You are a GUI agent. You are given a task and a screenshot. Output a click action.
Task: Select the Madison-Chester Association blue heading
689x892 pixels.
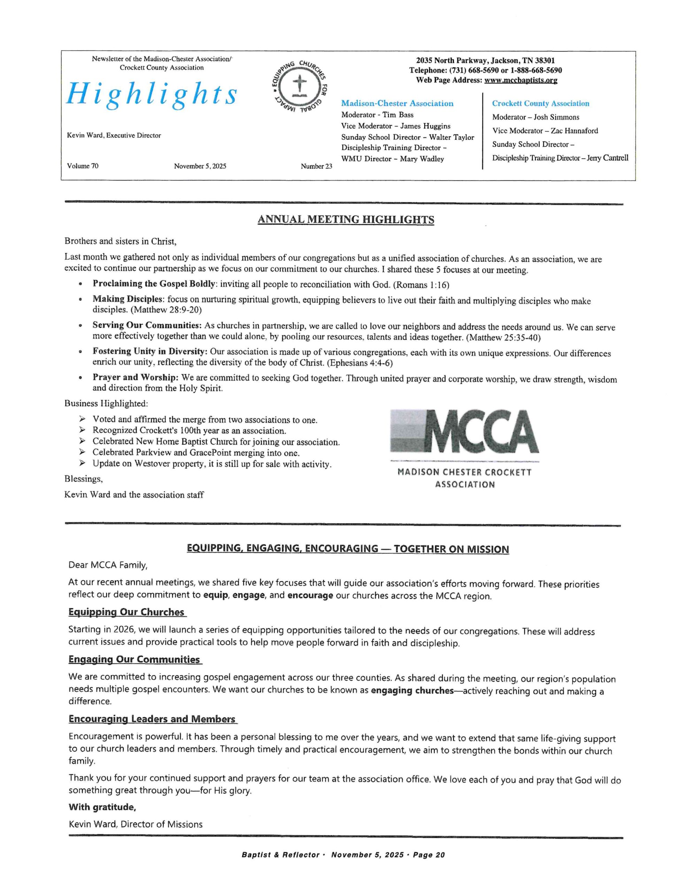(397, 104)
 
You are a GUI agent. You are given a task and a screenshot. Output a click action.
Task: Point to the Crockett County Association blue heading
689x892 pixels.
(540, 104)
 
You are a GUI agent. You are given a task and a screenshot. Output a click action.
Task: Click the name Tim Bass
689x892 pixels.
(398, 115)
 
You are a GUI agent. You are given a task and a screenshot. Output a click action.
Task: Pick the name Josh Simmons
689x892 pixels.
(556, 117)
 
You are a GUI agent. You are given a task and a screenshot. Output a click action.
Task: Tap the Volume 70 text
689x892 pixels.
(83, 166)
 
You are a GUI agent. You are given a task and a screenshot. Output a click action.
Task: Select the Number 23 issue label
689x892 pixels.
(316, 166)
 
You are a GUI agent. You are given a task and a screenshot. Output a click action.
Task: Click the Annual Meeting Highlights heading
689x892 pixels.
(346, 220)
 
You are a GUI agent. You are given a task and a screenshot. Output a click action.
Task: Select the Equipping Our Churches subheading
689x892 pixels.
(126, 612)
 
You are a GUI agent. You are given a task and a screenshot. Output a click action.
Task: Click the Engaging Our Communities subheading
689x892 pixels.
(134, 660)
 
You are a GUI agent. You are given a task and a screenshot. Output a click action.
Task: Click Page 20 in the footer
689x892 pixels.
(428, 855)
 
